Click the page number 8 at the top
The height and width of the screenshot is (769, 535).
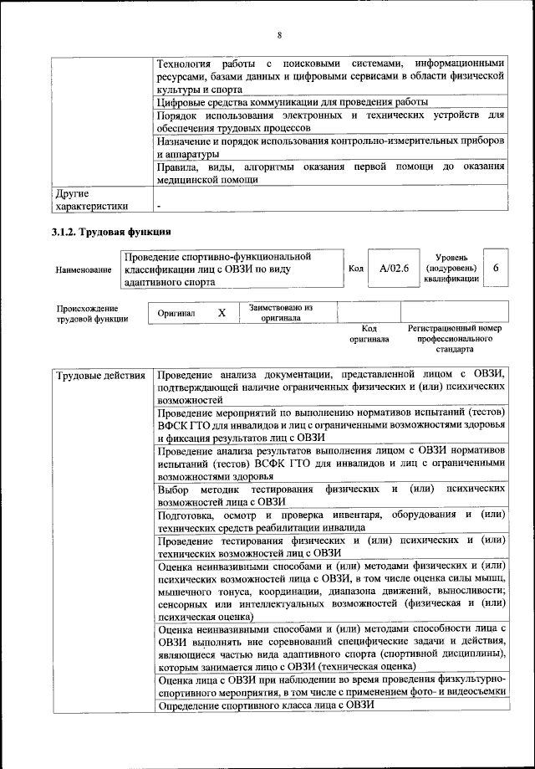point(279,34)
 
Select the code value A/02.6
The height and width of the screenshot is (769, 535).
point(393,268)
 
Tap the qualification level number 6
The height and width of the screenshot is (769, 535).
point(497,268)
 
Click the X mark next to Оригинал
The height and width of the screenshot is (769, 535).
point(222,312)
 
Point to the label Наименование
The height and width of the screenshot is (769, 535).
point(84,270)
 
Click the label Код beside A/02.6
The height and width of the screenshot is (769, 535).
point(355,268)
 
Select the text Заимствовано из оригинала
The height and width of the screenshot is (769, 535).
point(281,312)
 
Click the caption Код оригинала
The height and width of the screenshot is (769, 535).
point(368,335)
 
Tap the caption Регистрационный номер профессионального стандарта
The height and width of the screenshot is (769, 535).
point(454,340)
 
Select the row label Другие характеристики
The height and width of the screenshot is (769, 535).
point(92,200)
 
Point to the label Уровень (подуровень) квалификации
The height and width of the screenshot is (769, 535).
point(451,268)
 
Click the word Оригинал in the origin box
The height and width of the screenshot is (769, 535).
point(176,313)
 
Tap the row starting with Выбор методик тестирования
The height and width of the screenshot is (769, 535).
point(330,494)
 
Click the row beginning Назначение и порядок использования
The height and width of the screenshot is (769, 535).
point(330,147)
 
